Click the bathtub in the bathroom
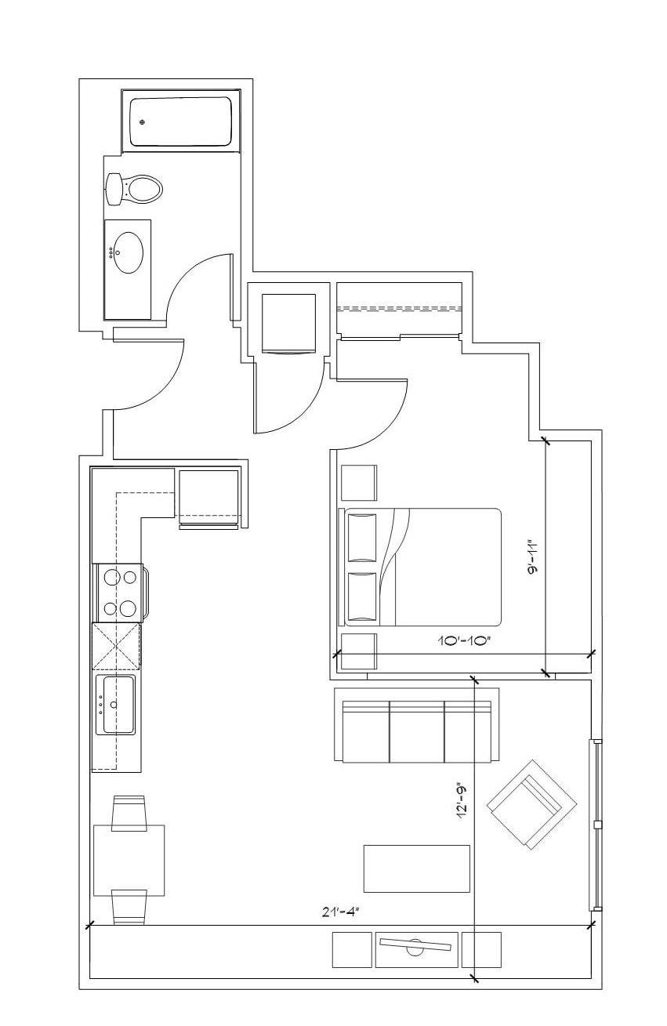click(x=180, y=121)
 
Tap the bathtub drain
click(x=143, y=121)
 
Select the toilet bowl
click(x=143, y=189)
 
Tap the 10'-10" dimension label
click(x=465, y=640)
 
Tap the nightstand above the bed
click(x=359, y=483)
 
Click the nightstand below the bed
click(x=359, y=651)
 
